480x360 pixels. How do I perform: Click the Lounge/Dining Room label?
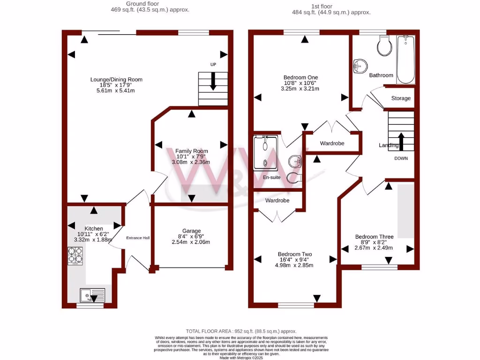click(x=116, y=79)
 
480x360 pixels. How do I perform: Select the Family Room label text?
click(x=191, y=151)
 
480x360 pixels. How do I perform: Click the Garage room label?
click(x=191, y=231)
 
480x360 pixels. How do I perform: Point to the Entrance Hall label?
click(x=138, y=238)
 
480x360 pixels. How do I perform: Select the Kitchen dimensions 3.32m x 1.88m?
click(x=93, y=240)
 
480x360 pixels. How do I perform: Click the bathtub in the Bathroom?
click(x=405, y=60)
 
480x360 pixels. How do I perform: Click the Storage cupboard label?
click(x=401, y=98)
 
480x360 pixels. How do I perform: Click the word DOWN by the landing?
click(x=401, y=158)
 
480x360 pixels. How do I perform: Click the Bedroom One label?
click(x=300, y=77)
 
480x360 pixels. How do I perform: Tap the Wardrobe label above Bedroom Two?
click(x=277, y=201)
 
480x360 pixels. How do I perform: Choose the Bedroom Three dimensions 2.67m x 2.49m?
click(x=374, y=248)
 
